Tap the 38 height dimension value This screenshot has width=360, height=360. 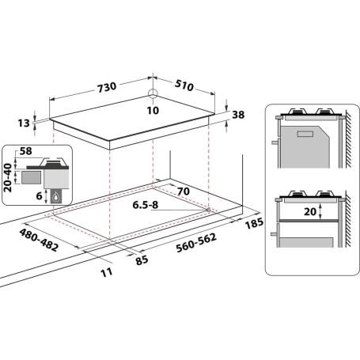point(238,115)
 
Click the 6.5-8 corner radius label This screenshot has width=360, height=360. point(146,204)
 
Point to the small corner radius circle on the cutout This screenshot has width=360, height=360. point(208,209)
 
